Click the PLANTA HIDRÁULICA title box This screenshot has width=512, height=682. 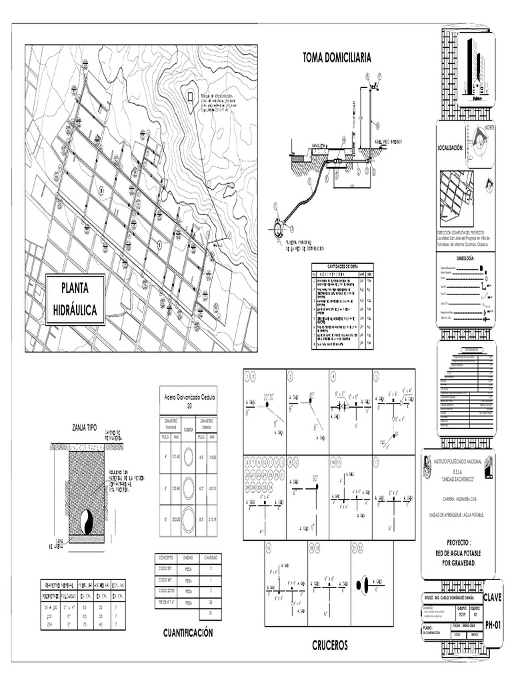click(x=75, y=299)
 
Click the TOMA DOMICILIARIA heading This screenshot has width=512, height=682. click(x=337, y=58)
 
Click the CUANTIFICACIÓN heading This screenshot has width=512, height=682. click(x=188, y=633)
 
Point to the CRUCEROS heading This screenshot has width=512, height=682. click(x=330, y=645)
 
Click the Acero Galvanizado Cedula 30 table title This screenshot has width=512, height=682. click(x=188, y=401)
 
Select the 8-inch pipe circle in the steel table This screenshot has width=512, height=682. click(x=188, y=516)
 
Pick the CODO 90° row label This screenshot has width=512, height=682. click(x=165, y=568)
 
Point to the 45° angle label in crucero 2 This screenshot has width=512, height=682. click(x=311, y=396)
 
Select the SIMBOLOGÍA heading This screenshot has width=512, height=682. click(x=465, y=257)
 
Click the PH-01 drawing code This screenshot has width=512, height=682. click(x=493, y=624)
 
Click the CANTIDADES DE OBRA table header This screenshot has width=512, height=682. click(x=343, y=266)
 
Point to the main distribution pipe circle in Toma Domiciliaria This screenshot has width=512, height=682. click(x=277, y=228)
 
